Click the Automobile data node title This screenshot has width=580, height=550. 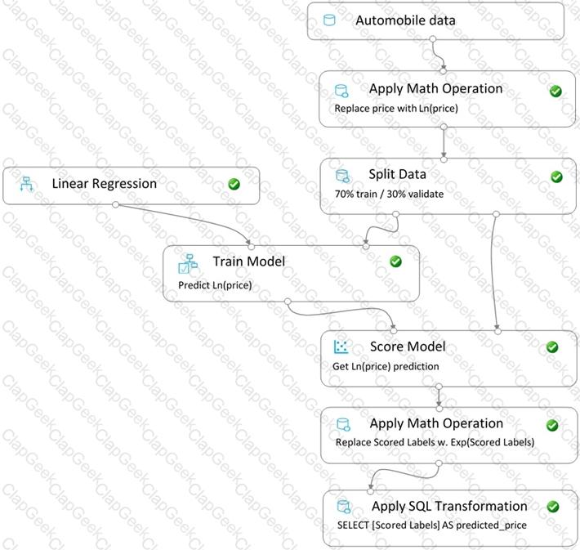pyautogui.click(x=405, y=20)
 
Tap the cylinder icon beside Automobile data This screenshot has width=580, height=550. pyautogui.click(x=329, y=20)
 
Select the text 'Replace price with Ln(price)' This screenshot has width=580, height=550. pyautogui.click(x=396, y=109)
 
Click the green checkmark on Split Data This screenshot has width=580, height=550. pyautogui.click(x=556, y=177)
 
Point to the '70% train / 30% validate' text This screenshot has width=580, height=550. pyautogui.click(x=389, y=194)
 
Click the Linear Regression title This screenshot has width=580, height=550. pyautogui.click(x=105, y=184)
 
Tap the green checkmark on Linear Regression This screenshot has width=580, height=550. pyautogui.click(x=234, y=184)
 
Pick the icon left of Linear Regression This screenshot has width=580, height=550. pyautogui.click(x=27, y=184)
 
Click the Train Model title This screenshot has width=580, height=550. pyautogui.click(x=249, y=262)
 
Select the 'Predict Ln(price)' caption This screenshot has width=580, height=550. pyautogui.click(x=215, y=285)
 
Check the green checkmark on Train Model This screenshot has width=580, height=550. pyautogui.click(x=395, y=262)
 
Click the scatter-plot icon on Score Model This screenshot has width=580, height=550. pyautogui.click(x=341, y=347)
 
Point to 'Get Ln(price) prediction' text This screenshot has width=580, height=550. pyautogui.click(x=386, y=366)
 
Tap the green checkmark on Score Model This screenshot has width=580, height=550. pyautogui.click(x=552, y=347)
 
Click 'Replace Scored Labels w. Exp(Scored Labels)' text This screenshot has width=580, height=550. pyautogui.click(x=435, y=442)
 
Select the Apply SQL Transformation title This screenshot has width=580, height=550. pyautogui.click(x=449, y=506)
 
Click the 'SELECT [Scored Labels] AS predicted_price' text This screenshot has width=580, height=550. pyautogui.click(x=432, y=525)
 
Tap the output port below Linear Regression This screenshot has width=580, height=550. pyautogui.click(x=115, y=204)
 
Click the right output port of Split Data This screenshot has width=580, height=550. pyautogui.click(x=497, y=214)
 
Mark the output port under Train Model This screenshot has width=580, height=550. pyautogui.click(x=288, y=302)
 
